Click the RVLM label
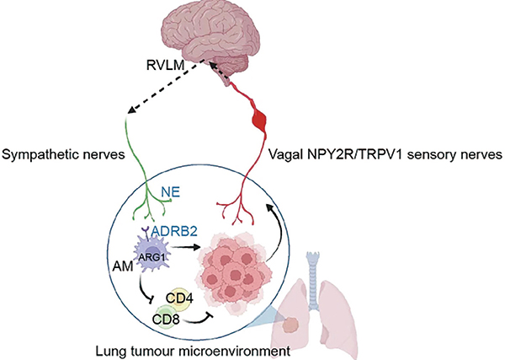point(166,66)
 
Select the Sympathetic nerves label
point(63,154)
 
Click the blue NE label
point(170,192)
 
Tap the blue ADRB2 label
point(174,231)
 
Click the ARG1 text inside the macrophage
point(152,257)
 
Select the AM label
point(123,266)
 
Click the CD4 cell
point(179,298)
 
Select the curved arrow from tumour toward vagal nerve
point(279,231)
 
